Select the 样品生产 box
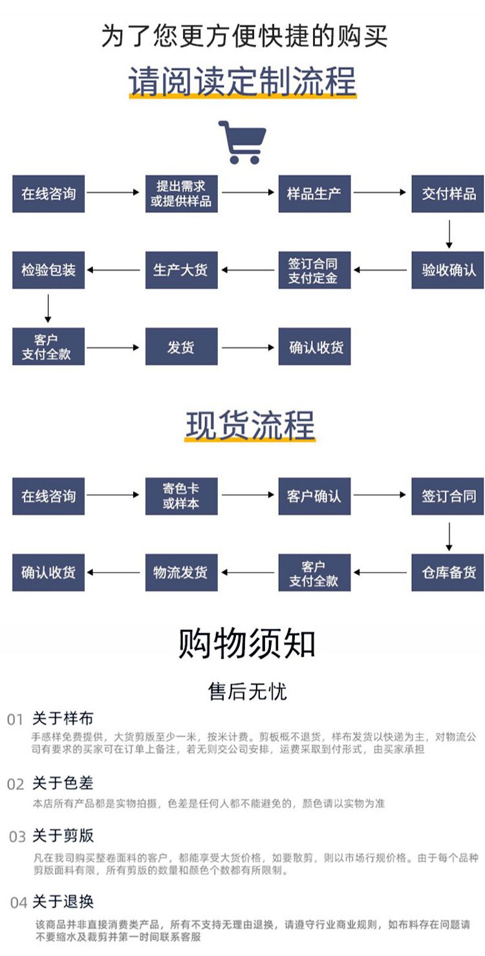click(x=314, y=193)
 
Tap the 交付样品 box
click(x=448, y=193)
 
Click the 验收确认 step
click(x=448, y=270)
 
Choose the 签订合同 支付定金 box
click(x=314, y=270)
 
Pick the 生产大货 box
click(x=181, y=270)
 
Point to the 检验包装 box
click(x=48, y=270)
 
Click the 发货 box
click(x=181, y=347)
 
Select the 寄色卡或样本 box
click(x=181, y=495)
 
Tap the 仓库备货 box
click(x=448, y=572)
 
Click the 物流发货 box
click(x=181, y=572)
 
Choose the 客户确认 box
click(x=314, y=495)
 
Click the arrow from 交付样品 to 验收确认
click(x=449, y=234)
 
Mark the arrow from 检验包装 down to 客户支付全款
click(x=48, y=308)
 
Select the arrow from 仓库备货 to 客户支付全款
click(x=381, y=572)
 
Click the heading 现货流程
click(x=250, y=426)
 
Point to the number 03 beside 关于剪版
click(x=17, y=836)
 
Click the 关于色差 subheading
click(x=63, y=784)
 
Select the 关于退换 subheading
click(x=63, y=901)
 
